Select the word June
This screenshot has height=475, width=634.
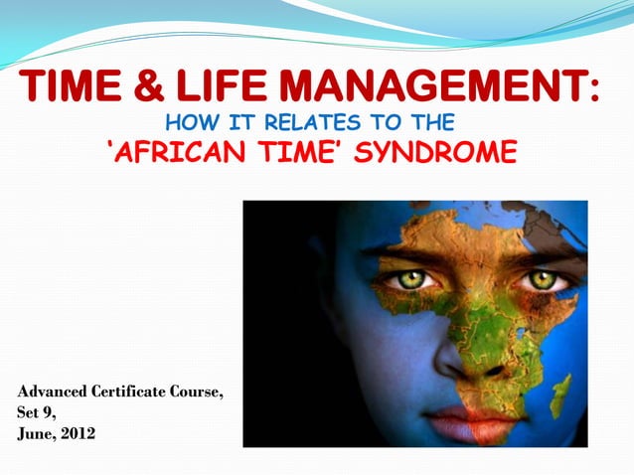coord(35,432)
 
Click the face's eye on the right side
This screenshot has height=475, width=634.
coord(541,279)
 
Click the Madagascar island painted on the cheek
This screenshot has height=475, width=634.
coord(561,394)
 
